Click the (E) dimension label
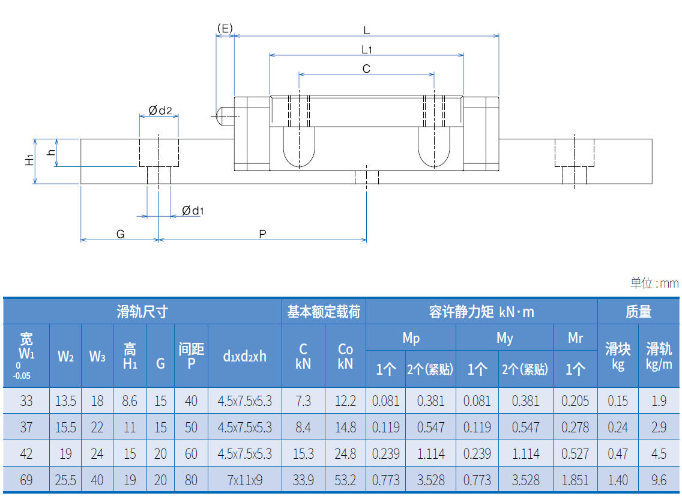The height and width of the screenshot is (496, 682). pyautogui.click(x=225, y=28)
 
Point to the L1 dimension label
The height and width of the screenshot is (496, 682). pyautogui.click(x=367, y=49)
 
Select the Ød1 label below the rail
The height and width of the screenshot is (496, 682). pyautogui.click(x=193, y=211)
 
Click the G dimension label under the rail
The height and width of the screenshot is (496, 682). pyautogui.click(x=121, y=234)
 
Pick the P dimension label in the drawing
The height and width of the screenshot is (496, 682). pyautogui.click(x=262, y=234)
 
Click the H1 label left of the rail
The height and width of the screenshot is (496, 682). pyautogui.click(x=28, y=160)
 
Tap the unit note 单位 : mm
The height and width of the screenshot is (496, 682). pyautogui.click(x=654, y=283)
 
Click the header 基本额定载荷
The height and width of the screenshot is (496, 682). pyautogui.click(x=324, y=312)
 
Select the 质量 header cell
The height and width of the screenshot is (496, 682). pyautogui.click(x=638, y=312)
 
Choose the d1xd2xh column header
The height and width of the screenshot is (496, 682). pyautogui.click(x=244, y=356)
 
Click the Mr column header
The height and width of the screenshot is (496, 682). pyautogui.click(x=575, y=338)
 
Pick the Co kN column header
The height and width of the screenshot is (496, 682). pyautogui.click(x=345, y=356)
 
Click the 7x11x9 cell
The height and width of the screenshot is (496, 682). pyautogui.click(x=244, y=480)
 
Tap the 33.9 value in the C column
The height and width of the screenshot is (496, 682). pyautogui.click(x=303, y=480)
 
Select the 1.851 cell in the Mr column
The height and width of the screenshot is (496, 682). pyautogui.click(x=575, y=480)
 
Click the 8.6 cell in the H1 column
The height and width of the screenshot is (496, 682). pyautogui.click(x=130, y=401)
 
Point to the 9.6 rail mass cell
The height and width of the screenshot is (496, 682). pyautogui.click(x=659, y=480)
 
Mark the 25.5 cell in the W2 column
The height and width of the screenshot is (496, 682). pyautogui.click(x=65, y=480)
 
